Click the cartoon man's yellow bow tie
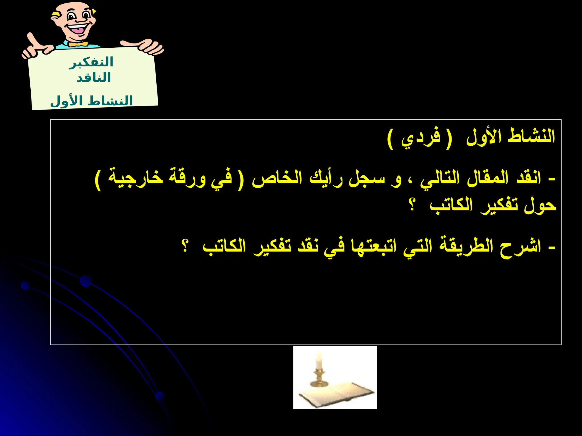(x=78, y=44)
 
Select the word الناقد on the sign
(x=94, y=77)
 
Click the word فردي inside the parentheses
(x=420, y=138)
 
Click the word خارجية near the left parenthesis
(x=136, y=178)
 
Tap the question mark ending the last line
(x=185, y=246)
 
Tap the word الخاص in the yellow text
(x=277, y=178)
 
